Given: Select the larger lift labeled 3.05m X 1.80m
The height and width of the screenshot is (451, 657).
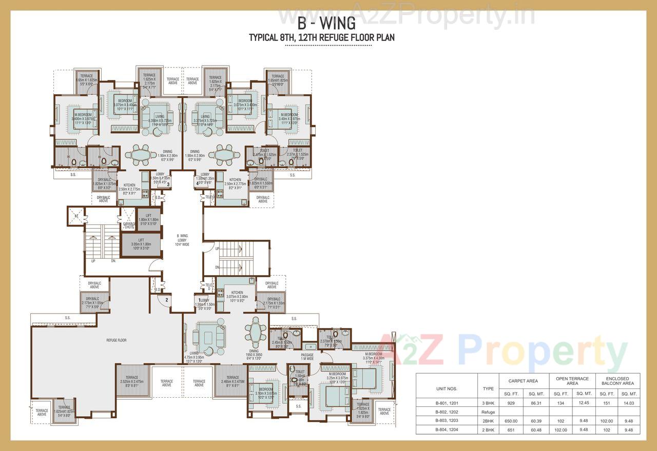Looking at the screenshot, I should pyautogui.click(x=140, y=245).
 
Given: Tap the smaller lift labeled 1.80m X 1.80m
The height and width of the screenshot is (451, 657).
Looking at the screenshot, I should pyautogui.click(x=149, y=219).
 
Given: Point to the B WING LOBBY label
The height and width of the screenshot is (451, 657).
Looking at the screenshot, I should pyautogui.click(x=182, y=240).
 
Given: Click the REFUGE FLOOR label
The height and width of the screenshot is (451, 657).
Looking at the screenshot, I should pyautogui.click(x=117, y=340).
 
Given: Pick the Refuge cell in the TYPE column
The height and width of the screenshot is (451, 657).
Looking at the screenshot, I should pyautogui.click(x=488, y=412).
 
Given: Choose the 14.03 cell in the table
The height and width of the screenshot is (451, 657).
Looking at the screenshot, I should pyautogui.click(x=629, y=403).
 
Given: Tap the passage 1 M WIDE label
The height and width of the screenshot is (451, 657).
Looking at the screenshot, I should pyautogui.click(x=307, y=356).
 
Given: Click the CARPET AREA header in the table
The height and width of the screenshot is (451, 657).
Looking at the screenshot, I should pyautogui.click(x=524, y=381).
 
